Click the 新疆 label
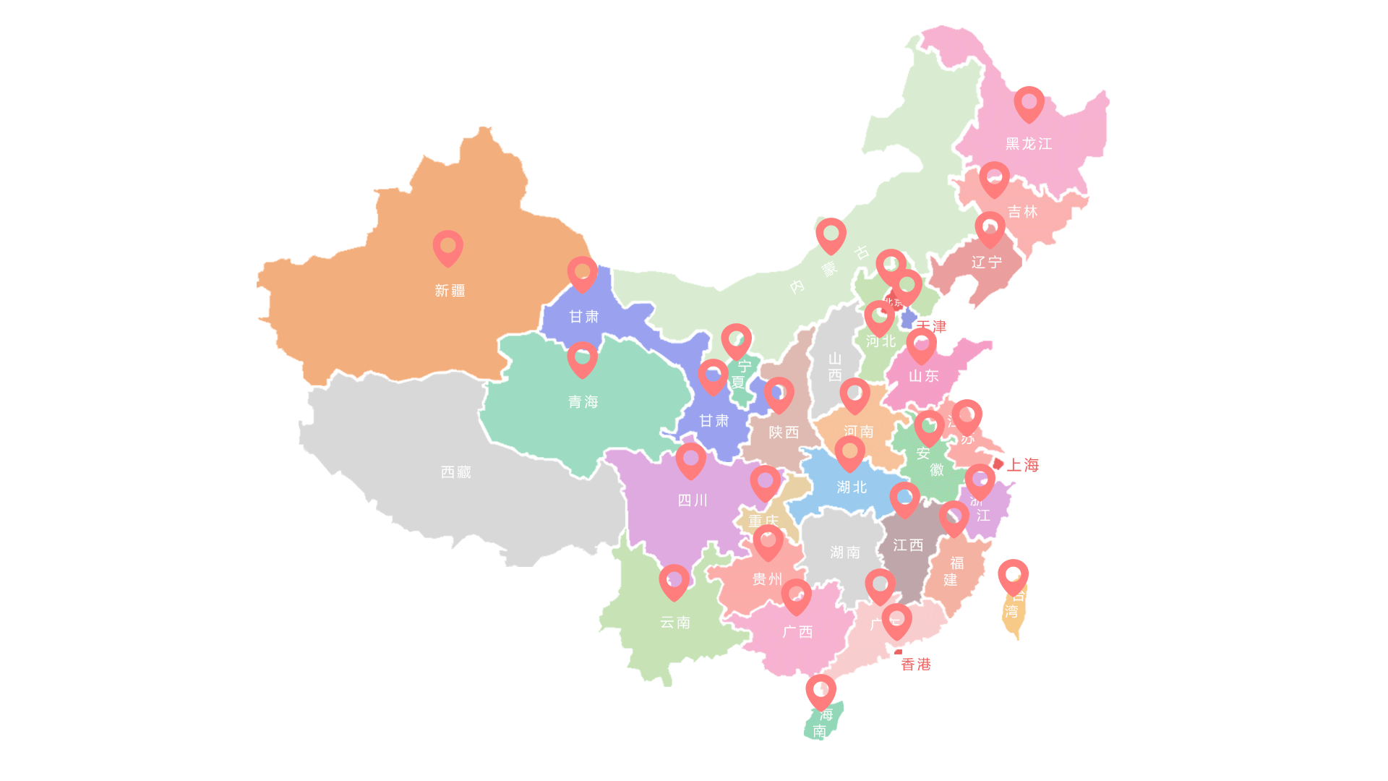pyautogui.click(x=450, y=291)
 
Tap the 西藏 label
pyautogui.click(x=455, y=472)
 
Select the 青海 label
pyautogui.click(x=583, y=402)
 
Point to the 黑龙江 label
pyautogui.click(x=1028, y=144)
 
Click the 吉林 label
pyautogui.click(x=1022, y=212)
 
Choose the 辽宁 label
pyautogui.click(x=986, y=263)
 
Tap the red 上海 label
pyautogui.click(x=1022, y=466)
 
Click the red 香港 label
pyautogui.click(x=915, y=665)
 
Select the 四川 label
pyautogui.click(x=692, y=500)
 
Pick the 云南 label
pyautogui.click(x=674, y=623)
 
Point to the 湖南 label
pyautogui.click(x=844, y=552)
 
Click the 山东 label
pyautogui.click(x=923, y=376)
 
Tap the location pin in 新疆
pyautogui.click(x=447, y=247)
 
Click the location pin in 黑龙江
pyautogui.click(x=1029, y=103)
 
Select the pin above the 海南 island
pyautogui.click(x=821, y=692)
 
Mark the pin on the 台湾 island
pyautogui.click(x=1013, y=576)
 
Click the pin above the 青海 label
pyautogui.click(x=582, y=359)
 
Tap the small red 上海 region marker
pyautogui.click(x=998, y=464)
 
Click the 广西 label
pyautogui.click(x=797, y=632)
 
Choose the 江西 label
pyautogui.click(x=907, y=545)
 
